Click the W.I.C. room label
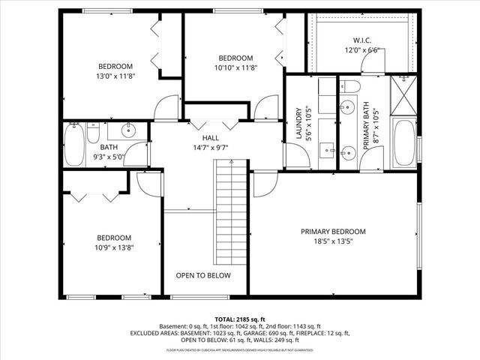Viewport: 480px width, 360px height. (363, 40)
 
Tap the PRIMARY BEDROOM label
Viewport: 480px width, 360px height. (333, 231)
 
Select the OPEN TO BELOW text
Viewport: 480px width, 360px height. (203, 275)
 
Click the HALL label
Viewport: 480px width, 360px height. (210, 137)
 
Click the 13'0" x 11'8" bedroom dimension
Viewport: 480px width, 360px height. (115, 76)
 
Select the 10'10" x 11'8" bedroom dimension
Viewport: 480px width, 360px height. (235, 68)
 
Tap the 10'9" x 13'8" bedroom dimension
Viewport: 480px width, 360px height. (114, 247)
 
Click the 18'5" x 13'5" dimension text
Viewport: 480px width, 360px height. (333, 241)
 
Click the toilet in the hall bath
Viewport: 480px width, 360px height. (92, 134)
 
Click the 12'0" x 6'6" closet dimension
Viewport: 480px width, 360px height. (363, 50)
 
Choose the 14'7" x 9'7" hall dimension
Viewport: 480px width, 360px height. (210, 148)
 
